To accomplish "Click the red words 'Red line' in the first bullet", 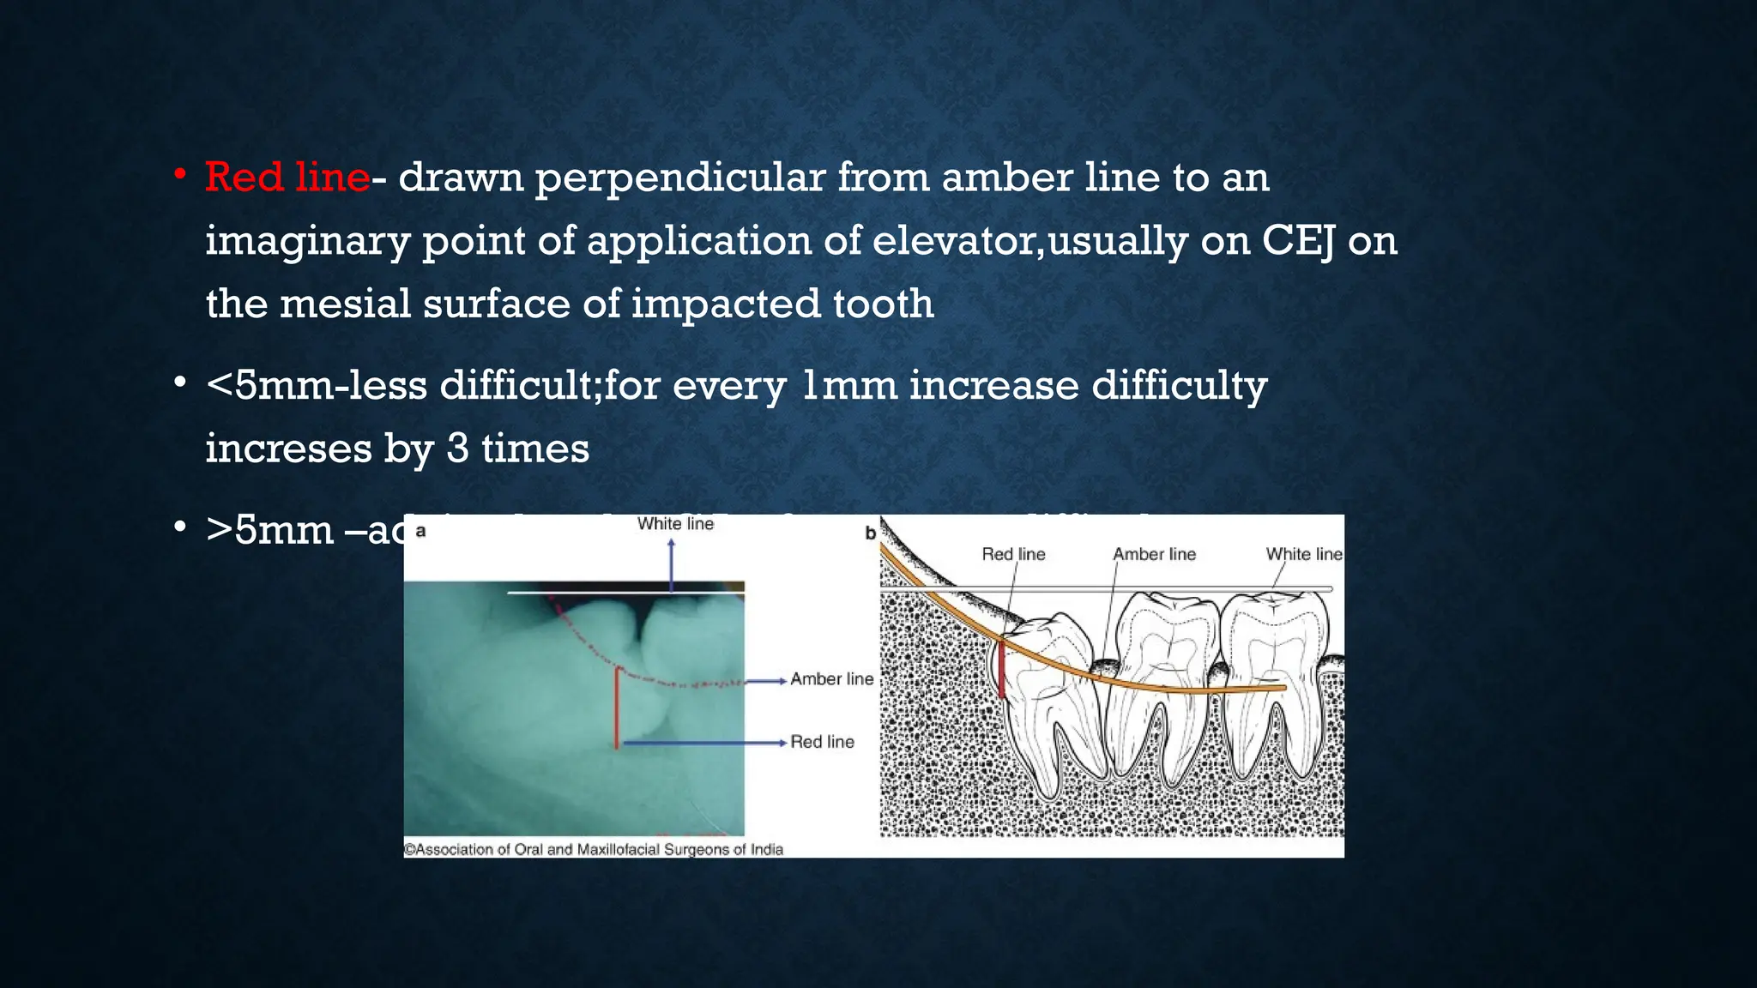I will [x=287, y=178].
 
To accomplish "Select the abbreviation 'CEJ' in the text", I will [x=1297, y=241].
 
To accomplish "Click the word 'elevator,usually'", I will [x=1029, y=241].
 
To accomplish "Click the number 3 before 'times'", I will [x=457, y=449].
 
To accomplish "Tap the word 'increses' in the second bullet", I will [x=287, y=449].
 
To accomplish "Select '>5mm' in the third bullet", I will [x=269, y=530].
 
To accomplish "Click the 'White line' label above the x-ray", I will [x=675, y=524].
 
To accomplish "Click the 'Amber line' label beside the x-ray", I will [x=831, y=679].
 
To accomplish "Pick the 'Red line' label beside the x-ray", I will [x=822, y=742].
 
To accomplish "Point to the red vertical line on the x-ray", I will [x=616, y=708].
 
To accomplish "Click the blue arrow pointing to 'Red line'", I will [x=703, y=743].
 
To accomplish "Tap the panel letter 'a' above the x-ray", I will [x=420, y=531].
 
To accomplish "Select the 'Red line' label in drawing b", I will [x=1013, y=555].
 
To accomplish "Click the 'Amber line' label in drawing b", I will [x=1154, y=555].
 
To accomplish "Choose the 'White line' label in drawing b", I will [x=1303, y=555].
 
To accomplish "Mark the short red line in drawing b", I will [x=1001, y=669].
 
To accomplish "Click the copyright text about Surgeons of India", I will [x=593, y=849].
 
